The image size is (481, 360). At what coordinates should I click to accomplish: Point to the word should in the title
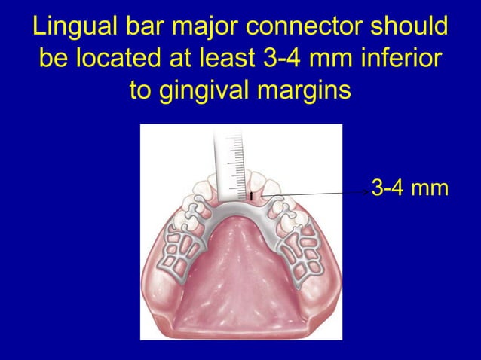pos(408,28)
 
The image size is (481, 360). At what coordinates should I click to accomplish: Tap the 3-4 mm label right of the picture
pos(410,187)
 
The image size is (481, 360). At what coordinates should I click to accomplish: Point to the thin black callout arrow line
pos(317,193)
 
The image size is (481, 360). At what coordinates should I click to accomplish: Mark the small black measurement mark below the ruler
pos(251,198)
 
